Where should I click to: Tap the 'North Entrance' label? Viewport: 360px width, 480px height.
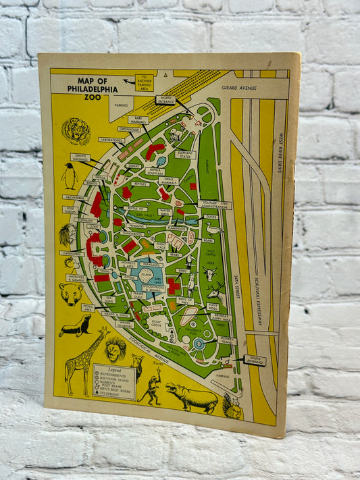[165, 100]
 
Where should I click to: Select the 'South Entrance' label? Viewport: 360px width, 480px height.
[255, 361]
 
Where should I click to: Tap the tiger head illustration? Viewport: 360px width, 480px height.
[75, 130]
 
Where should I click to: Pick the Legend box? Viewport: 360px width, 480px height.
[113, 382]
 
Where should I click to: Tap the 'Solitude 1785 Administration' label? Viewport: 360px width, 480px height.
[215, 205]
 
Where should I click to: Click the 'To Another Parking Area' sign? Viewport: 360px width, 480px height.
[144, 82]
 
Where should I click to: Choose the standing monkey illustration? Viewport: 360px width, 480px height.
[151, 387]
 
